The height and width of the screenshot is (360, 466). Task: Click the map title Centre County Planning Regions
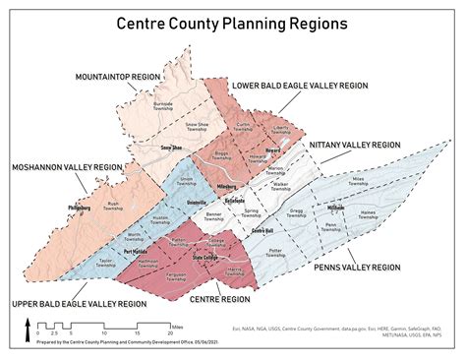(x=233, y=22)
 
